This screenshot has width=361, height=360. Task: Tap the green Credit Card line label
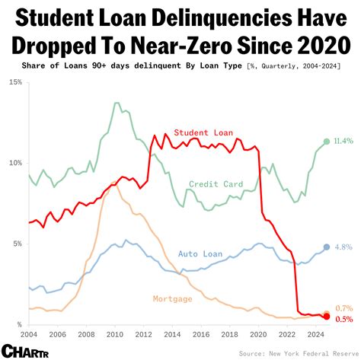(x=216, y=184)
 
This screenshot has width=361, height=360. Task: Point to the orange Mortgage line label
(x=173, y=298)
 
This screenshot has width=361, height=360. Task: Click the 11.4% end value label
(x=343, y=142)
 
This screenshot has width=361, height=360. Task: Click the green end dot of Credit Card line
(x=327, y=142)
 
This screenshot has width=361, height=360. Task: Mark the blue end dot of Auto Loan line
(x=327, y=247)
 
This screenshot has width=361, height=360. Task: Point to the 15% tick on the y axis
(x=14, y=81)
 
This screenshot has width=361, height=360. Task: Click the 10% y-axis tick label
(x=14, y=163)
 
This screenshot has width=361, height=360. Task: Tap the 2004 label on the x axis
(x=28, y=334)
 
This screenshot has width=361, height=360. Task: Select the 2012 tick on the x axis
(x=143, y=334)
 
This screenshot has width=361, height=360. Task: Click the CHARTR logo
(x=25, y=351)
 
